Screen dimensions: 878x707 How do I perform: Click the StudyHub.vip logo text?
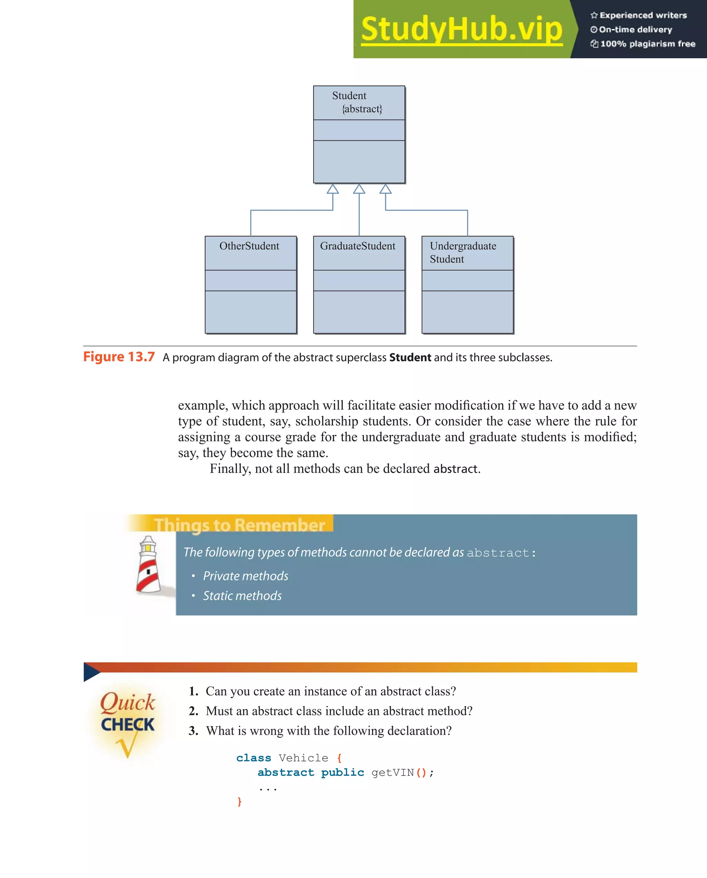coord(461,29)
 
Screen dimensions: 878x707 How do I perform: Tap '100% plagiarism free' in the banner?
coord(648,44)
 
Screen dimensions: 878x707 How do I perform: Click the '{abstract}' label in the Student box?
coord(362,109)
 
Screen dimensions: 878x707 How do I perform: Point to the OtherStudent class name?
coord(249,246)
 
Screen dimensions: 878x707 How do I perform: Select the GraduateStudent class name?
coord(357,246)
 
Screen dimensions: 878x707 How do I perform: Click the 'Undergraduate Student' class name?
coord(463,253)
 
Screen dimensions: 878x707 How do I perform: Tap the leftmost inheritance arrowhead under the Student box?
coord(333,189)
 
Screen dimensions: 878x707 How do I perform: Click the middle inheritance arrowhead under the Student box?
coord(359,189)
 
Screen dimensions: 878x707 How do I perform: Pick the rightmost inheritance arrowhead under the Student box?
coord(386,189)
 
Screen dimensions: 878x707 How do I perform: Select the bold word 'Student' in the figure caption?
coord(410,357)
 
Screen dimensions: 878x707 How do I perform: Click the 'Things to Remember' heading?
coord(239,525)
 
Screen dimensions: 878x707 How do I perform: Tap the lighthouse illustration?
coord(148,564)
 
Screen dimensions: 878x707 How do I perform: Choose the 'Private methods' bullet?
coord(245,576)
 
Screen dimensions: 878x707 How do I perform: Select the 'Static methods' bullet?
coord(242,596)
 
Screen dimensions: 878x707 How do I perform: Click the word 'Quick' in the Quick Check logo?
coord(127,702)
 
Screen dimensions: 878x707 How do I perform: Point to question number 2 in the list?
coord(194,711)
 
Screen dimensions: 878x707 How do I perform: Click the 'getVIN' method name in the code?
coord(393,772)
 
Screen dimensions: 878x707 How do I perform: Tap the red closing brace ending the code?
coord(240,801)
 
